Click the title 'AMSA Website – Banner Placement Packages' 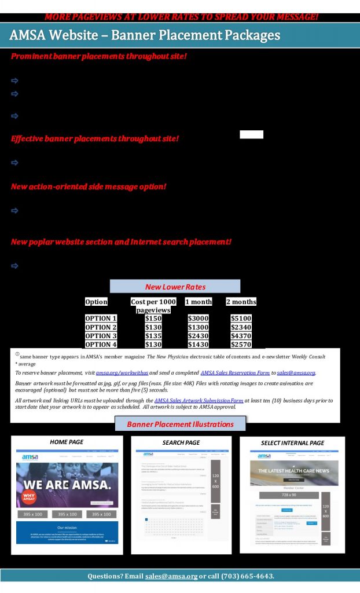(145, 36)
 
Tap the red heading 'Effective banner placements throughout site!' (95, 139)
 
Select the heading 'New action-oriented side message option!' (89, 186)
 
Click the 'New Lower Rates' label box (175, 287)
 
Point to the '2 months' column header (241, 302)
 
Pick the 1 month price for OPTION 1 (198, 319)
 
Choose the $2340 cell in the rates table (241, 327)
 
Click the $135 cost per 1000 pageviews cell (153, 336)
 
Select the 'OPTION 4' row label (101, 345)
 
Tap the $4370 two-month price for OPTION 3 (241, 336)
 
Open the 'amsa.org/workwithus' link (122, 373)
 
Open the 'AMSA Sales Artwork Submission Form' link (199, 400)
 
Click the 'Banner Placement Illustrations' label (180, 424)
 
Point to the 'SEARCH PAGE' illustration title (181, 442)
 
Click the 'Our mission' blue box (67, 533)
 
